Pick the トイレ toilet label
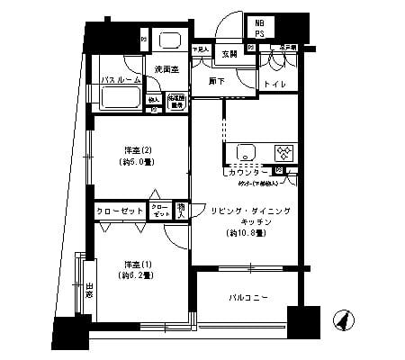[271, 85]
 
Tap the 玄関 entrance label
[229, 54]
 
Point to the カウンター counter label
[247, 169]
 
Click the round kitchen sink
[242, 151]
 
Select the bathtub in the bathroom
[121, 98]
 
